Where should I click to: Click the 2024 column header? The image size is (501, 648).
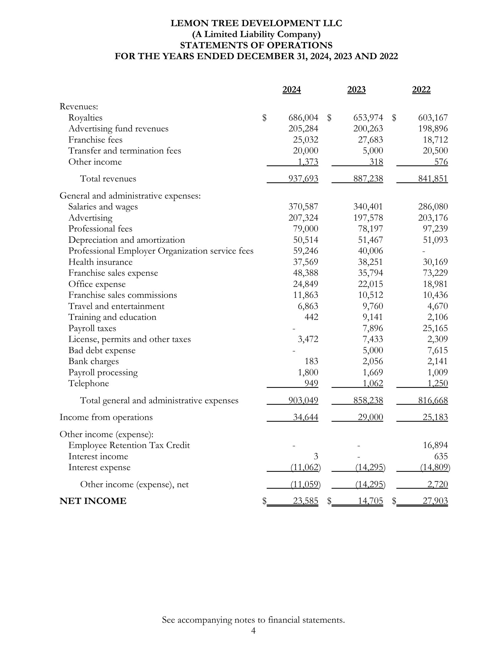291,90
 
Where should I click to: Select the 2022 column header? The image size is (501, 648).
421,90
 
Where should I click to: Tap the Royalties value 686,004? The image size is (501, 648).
303,118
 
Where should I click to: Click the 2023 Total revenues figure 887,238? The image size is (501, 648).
368,178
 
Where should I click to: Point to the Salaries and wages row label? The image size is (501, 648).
103,206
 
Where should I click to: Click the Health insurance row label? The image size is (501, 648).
100,262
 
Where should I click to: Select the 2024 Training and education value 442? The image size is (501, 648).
311,317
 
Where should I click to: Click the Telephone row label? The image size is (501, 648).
89,383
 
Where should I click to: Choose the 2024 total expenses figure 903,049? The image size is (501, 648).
303,401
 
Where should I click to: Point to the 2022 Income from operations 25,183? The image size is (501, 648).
435,417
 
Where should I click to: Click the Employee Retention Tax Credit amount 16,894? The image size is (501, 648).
435,445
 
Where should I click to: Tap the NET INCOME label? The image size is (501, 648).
93,501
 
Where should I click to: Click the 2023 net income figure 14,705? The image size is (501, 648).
370,501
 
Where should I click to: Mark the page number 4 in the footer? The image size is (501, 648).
253,631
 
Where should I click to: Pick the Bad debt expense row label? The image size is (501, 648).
102,351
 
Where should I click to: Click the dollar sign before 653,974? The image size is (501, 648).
329,118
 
